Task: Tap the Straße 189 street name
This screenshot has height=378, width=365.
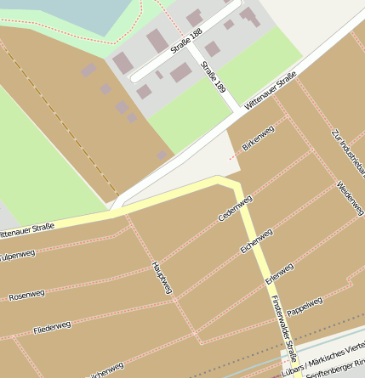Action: coord(214,76)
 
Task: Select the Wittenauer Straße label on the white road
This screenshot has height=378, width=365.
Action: coord(271,91)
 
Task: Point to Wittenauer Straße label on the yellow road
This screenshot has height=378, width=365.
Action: coord(26,228)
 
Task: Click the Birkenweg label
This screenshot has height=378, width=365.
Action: coord(259,137)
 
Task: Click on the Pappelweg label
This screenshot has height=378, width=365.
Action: coord(305,305)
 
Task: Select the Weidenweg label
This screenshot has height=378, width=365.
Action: coord(351,197)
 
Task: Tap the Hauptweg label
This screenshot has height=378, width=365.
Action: coord(162,277)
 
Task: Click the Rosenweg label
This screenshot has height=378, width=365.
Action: coord(26,295)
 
